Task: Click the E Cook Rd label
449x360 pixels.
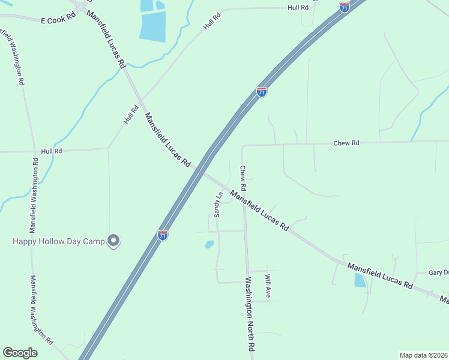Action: (58, 20)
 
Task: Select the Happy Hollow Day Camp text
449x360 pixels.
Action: (59, 241)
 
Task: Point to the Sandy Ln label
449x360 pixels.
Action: (218, 204)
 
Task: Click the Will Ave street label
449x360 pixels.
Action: (268, 286)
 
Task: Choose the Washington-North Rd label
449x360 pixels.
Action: (250, 314)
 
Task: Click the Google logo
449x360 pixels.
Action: (20, 353)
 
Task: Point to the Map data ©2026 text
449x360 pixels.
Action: (424, 355)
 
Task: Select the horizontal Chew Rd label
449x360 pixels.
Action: (346, 143)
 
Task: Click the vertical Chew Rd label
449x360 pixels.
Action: (243, 178)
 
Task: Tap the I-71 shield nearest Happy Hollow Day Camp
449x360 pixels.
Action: (163, 235)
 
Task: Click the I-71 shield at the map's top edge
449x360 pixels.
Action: (344, 7)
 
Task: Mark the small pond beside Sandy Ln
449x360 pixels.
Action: (209, 244)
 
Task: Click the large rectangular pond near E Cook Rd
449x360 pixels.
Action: (152, 27)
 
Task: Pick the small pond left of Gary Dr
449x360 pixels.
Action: (360, 280)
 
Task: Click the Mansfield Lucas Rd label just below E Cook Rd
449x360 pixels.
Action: (106, 38)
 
